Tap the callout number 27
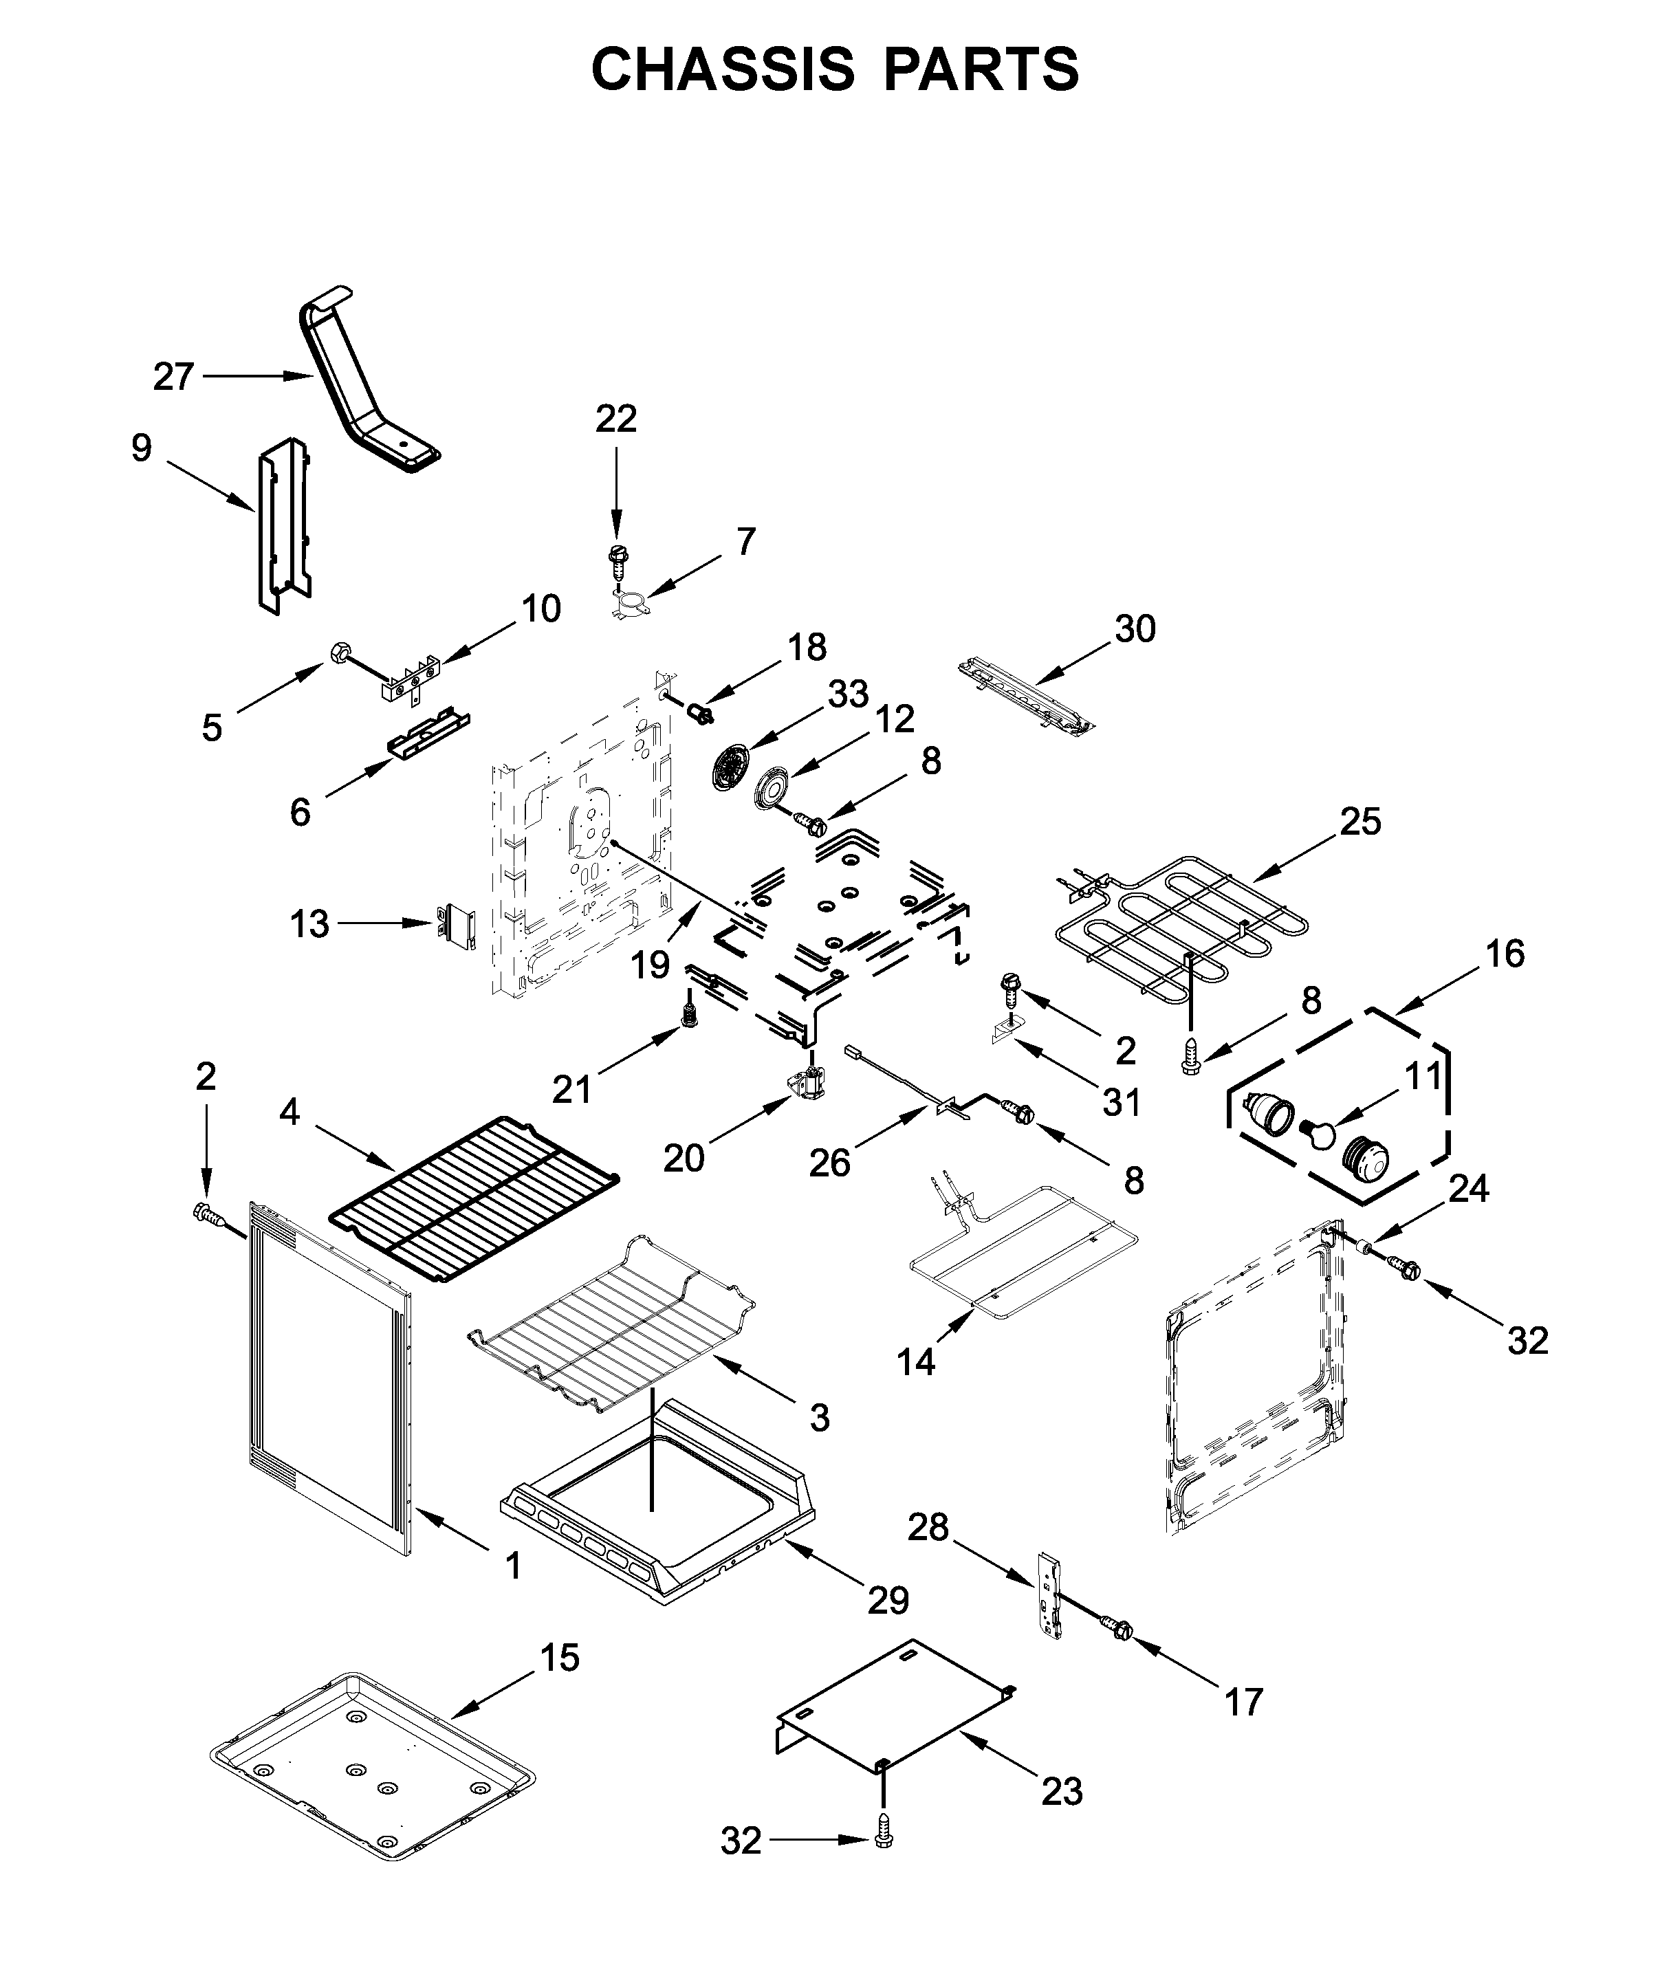[x=173, y=377]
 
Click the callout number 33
[x=848, y=694]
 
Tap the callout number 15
[x=560, y=1658]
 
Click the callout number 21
[x=571, y=1088]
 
